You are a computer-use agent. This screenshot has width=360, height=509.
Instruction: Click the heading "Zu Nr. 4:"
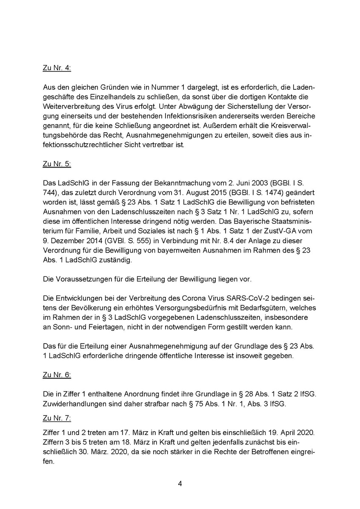coord(57,67)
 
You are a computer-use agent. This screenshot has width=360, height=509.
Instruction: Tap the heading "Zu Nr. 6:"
coord(57,375)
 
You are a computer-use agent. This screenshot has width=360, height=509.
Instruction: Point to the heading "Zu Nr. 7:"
coord(57,419)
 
